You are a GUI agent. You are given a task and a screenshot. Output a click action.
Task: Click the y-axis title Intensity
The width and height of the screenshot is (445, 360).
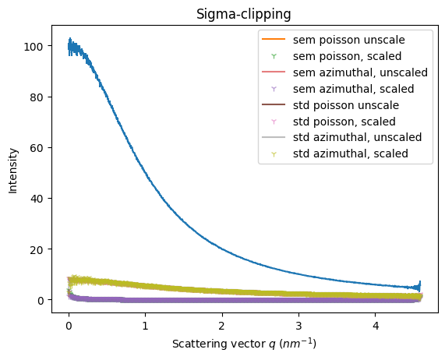pyautogui.click(x=12, y=171)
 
